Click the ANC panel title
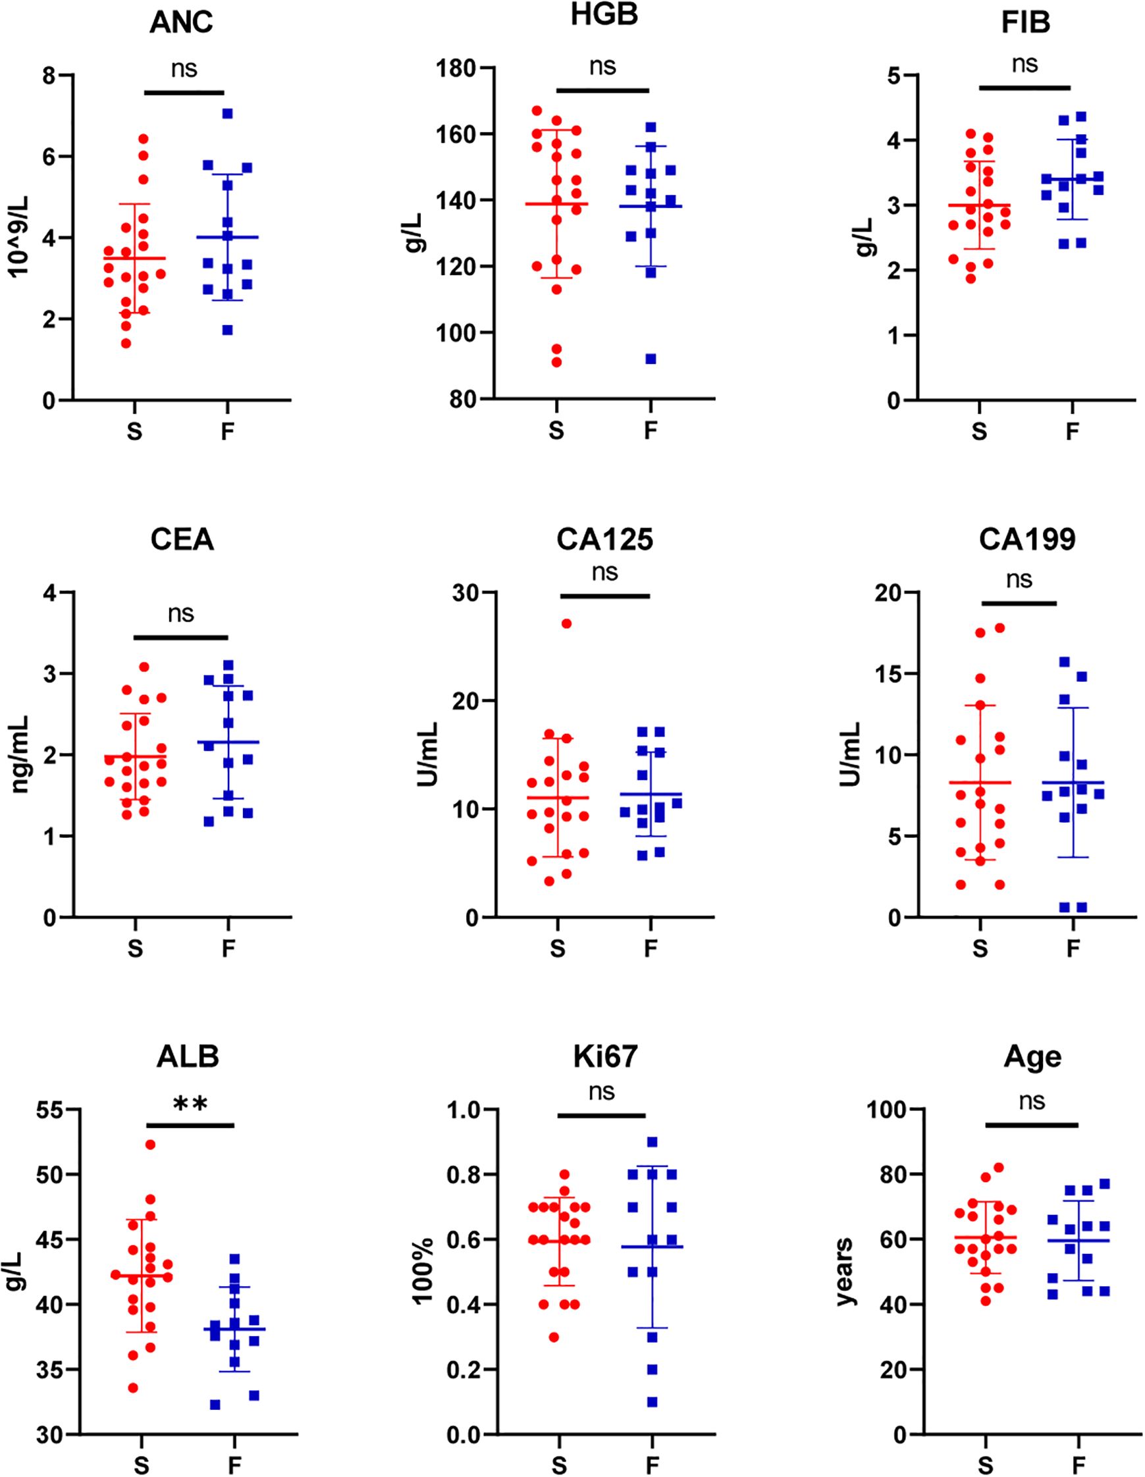click(x=181, y=22)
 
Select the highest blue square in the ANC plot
click(x=228, y=114)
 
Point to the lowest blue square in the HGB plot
click(x=651, y=359)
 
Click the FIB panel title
click(x=1026, y=22)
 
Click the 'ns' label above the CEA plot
click(x=181, y=613)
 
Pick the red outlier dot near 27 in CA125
click(x=567, y=623)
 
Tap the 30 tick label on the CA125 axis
click(x=465, y=592)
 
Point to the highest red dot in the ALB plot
click(x=151, y=1144)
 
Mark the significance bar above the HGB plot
click(x=602, y=90)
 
